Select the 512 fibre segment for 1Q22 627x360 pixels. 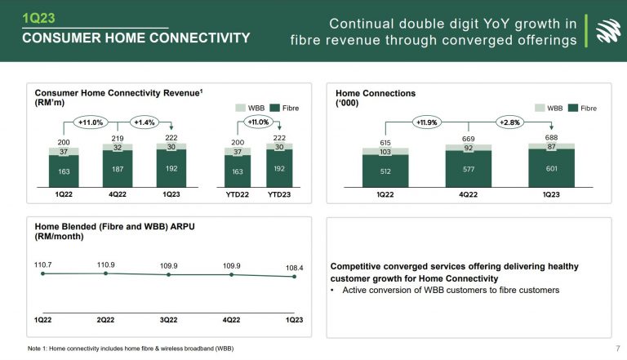click(385, 172)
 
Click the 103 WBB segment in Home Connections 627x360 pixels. click(385, 152)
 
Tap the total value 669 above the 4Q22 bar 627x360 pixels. click(469, 139)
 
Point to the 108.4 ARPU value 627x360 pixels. click(294, 266)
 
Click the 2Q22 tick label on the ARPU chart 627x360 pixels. click(105, 319)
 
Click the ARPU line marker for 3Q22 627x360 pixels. click(168, 275)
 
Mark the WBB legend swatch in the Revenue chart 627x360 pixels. click(240, 107)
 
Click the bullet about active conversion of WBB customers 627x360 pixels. click(449, 291)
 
